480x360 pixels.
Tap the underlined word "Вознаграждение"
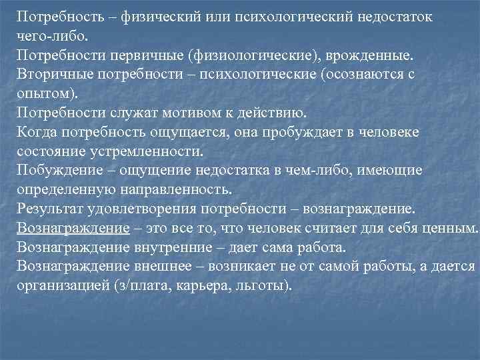pyautogui.click(x=73, y=227)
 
